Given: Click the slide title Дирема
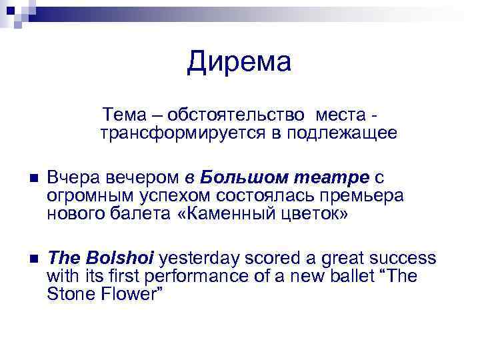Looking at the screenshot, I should [x=239, y=62].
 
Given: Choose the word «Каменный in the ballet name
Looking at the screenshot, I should [x=219, y=215].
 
